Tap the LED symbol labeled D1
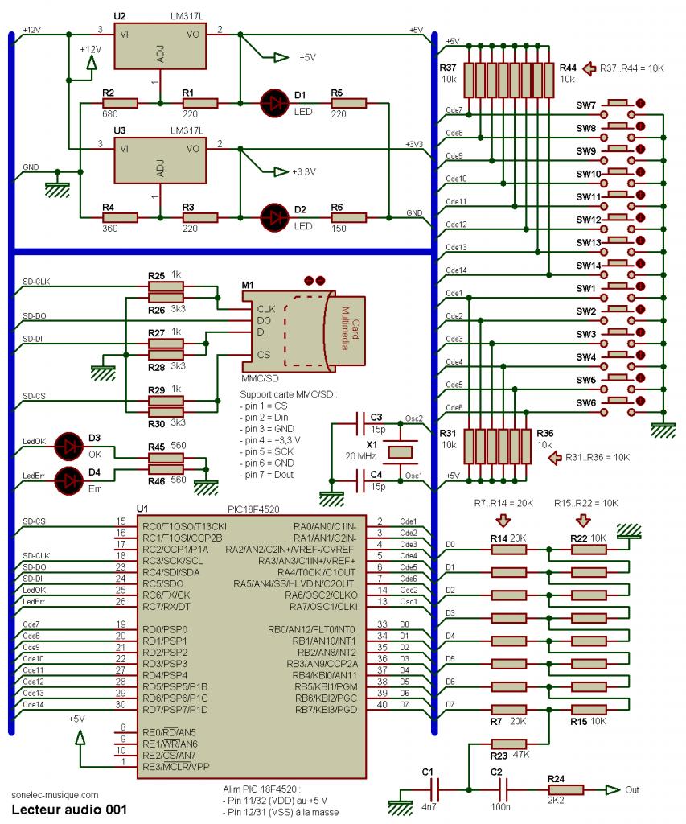274,102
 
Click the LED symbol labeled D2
274,217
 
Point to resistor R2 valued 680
125,103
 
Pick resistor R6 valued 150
349,217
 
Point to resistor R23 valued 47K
509,744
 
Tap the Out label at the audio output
632,789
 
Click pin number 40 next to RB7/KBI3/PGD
381,705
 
